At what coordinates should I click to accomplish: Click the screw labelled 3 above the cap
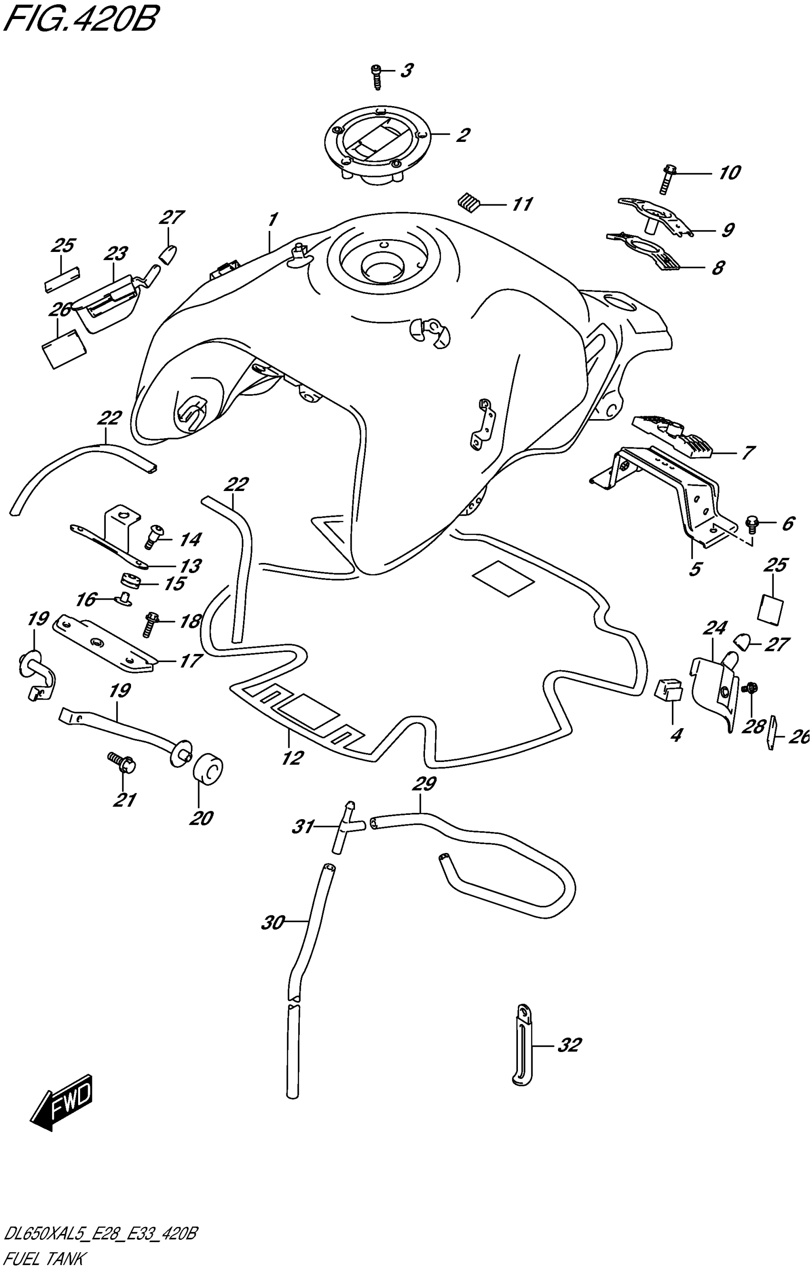tap(377, 77)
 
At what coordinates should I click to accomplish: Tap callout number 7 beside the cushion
tap(748, 453)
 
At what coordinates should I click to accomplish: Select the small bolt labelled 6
tap(751, 524)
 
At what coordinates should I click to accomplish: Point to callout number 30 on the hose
tap(273, 923)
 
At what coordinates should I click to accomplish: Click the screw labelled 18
tap(151, 623)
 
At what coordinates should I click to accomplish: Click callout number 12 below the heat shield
tap(292, 758)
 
